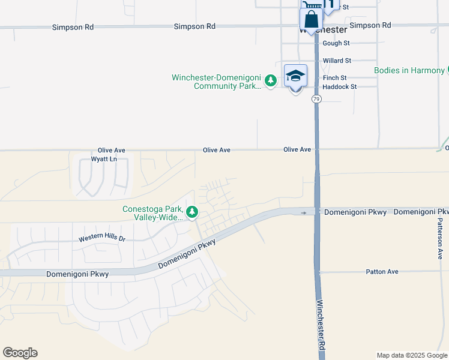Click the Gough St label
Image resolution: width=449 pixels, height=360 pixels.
[336, 43]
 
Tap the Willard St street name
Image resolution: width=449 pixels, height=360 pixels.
[337, 61]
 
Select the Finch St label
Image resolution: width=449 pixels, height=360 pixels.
[334, 78]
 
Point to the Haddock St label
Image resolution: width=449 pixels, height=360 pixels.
[339, 86]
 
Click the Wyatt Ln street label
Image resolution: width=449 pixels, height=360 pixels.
[103, 159]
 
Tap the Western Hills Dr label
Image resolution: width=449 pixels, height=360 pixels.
[102, 239]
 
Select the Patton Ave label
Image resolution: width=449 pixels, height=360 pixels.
[382, 272]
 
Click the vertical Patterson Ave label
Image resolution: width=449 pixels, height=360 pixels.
[441, 238]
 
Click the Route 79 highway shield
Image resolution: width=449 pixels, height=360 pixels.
[316, 99]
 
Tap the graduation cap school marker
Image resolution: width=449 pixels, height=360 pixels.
[295, 76]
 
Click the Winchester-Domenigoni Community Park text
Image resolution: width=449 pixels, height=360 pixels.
[216, 82]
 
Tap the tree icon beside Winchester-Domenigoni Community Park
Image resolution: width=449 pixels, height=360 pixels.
[271, 80]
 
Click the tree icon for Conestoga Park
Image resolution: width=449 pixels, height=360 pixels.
[192, 212]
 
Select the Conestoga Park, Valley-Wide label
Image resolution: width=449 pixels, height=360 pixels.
[152, 213]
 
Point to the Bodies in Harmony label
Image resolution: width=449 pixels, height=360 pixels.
[409, 70]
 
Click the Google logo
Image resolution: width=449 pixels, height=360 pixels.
[20, 353]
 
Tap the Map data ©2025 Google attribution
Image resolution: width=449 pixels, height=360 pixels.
[412, 355]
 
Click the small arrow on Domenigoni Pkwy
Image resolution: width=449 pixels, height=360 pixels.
[304, 212]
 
